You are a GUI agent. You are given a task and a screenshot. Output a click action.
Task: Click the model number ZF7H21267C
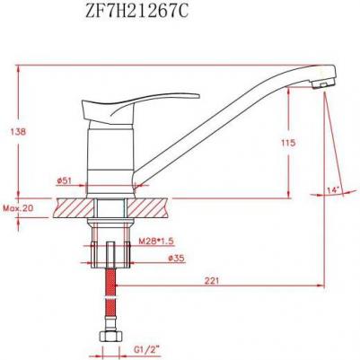[x=137, y=13]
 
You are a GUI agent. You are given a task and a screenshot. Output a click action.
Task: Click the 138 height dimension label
[x=18, y=132]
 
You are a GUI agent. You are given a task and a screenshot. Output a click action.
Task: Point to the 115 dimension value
[x=288, y=143]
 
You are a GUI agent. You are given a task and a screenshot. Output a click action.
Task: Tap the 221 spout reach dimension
[x=212, y=281]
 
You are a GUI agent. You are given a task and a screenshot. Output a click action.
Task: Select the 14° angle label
[x=333, y=190]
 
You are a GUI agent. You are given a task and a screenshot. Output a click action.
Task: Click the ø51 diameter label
[x=64, y=180]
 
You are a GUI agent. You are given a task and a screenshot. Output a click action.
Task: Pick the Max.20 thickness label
[x=18, y=208]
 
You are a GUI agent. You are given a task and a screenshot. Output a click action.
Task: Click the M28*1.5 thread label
[x=156, y=241]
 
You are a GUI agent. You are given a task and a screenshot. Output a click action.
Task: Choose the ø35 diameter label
[x=176, y=258]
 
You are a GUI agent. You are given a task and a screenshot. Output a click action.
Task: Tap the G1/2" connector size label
[x=144, y=348]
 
